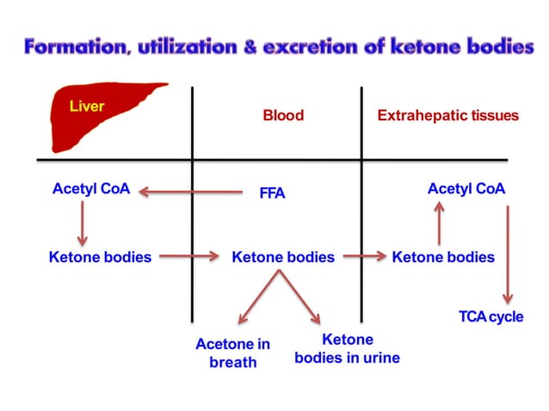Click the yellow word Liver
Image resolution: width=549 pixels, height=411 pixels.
click(87, 107)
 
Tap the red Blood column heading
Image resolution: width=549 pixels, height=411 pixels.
click(283, 115)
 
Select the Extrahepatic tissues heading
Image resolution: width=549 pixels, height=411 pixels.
click(448, 115)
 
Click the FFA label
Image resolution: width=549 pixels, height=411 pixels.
click(272, 193)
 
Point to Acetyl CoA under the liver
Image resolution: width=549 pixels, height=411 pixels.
click(91, 188)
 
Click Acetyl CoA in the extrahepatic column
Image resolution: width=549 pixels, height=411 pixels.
click(466, 188)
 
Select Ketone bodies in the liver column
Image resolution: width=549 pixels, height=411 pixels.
click(101, 256)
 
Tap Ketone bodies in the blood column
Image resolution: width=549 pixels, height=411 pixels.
click(283, 256)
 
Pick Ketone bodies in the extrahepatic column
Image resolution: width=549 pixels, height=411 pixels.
click(443, 256)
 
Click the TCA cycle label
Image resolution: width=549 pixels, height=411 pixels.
click(490, 317)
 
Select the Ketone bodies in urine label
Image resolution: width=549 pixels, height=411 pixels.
click(347, 349)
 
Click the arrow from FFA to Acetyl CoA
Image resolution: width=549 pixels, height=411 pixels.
click(191, 192)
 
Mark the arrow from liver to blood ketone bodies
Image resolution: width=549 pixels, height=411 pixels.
click(191, 255)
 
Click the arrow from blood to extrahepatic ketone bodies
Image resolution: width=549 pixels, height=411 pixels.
click(362, 255)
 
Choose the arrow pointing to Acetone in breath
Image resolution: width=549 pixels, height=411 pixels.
click(258, 298)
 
